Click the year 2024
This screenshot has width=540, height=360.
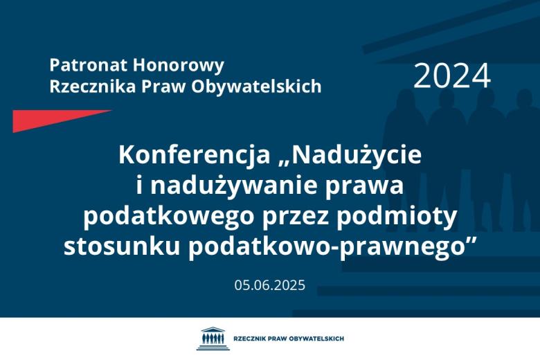click(452, 76)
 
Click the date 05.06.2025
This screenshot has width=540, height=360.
click(269, 285)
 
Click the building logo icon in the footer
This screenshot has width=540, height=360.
click(210, 339)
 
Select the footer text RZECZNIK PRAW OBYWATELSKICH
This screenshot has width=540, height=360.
click(289, 339)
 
